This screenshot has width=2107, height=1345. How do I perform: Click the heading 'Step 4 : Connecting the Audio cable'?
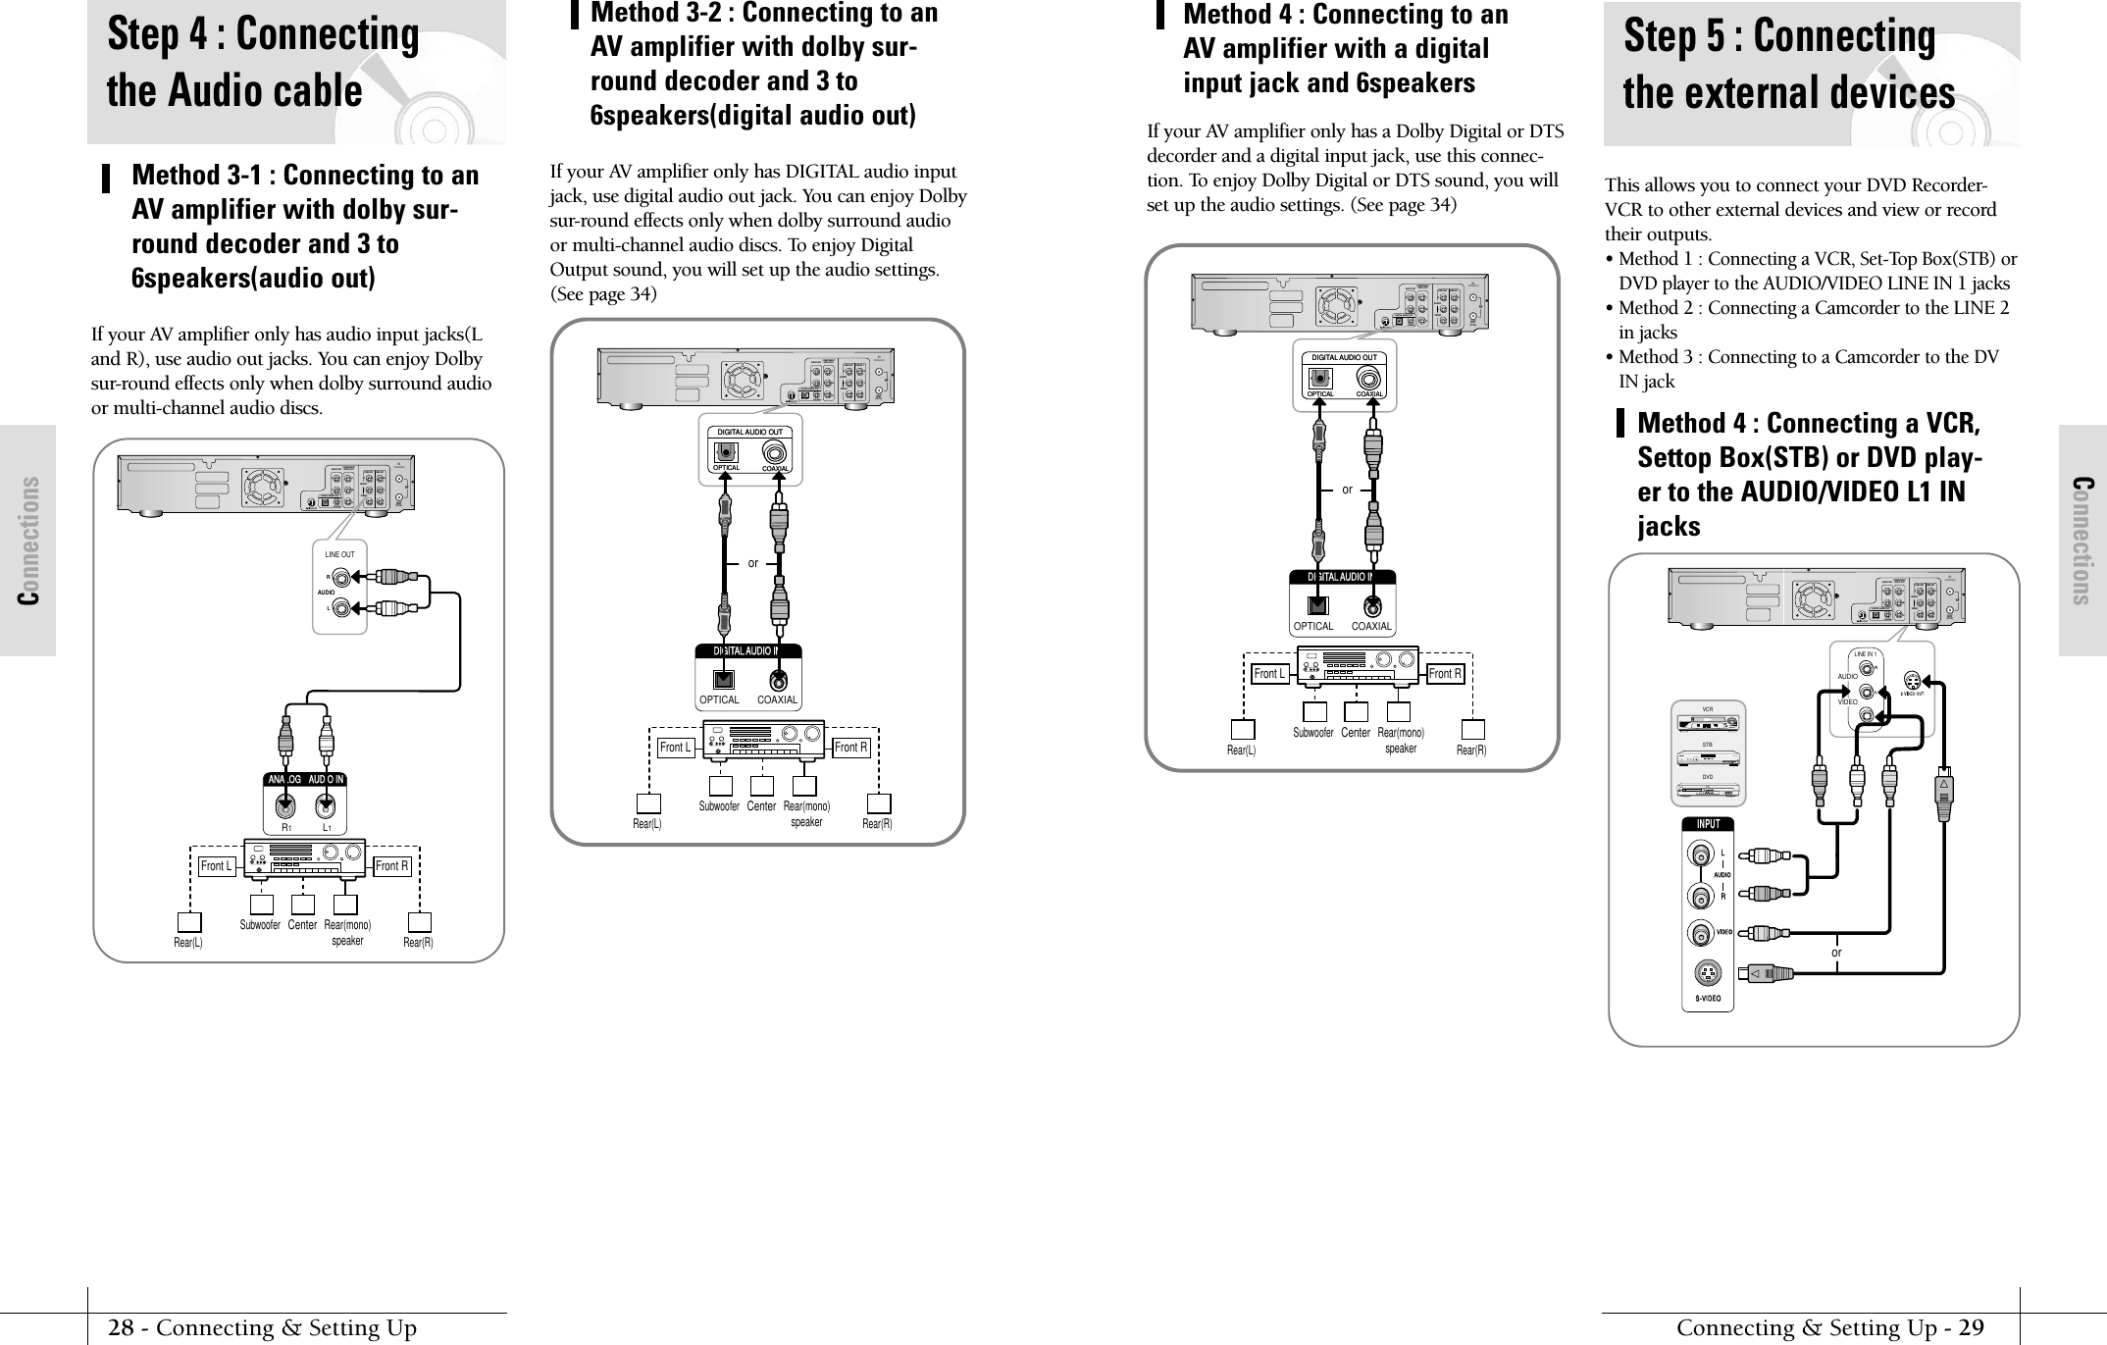click(263, 63)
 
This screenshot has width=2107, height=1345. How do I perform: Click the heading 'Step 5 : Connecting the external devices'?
click(1788, 65)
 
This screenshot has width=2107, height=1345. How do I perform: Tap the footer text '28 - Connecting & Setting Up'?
click(263, 1328)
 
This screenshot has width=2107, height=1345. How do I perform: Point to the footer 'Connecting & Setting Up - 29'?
click(1829, 1328)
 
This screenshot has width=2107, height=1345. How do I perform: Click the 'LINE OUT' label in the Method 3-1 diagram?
click(339, 554)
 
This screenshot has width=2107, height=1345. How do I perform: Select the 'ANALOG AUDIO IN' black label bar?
click(305, 780)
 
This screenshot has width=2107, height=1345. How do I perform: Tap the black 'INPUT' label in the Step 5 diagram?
click(1708, 824)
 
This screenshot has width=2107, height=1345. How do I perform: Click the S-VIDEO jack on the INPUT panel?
click(1708, 974)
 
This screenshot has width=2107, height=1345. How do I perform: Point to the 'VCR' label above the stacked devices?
click(1707, 708)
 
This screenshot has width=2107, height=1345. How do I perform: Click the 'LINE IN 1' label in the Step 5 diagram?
click(1865, 653)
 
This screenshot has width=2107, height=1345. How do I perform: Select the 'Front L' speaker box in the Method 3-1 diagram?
click(217, 866)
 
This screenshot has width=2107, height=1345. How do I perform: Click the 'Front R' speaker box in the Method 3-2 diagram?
click(851, 748)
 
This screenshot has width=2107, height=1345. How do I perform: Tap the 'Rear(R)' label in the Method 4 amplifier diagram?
click(1471, 750)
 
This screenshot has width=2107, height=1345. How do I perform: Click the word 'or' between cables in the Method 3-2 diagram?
click(753, 564)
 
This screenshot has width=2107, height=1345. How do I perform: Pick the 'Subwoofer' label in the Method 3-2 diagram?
click(719, 806)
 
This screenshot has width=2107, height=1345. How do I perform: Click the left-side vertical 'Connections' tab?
click(28, 540)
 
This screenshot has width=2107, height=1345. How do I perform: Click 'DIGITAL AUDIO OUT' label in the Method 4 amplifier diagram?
click(1344, 357)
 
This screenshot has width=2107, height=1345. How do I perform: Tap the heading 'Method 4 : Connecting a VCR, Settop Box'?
click(1808, 475)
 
